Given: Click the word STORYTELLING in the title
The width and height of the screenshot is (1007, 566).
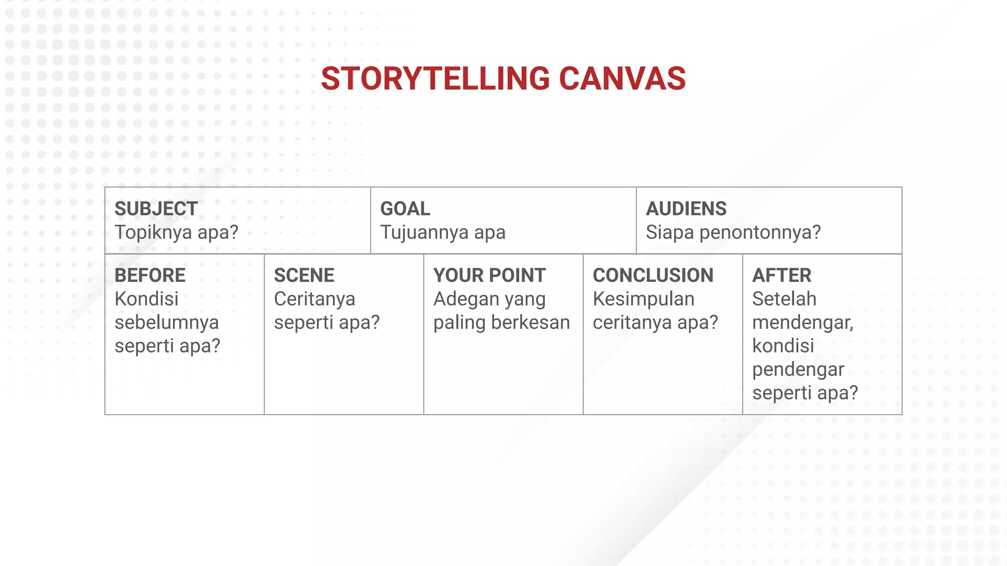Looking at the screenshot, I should [x=435, y=79].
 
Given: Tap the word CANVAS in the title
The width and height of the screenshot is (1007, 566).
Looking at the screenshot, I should [x=622, y=79].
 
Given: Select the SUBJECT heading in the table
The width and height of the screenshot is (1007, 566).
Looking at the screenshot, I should [x=156, y=209].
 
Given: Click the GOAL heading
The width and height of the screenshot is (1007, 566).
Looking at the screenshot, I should [x=405, y=209].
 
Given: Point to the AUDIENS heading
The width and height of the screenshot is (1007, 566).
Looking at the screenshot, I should [x=686, y=209].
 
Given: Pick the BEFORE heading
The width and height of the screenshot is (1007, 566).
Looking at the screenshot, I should [x=150, y=276].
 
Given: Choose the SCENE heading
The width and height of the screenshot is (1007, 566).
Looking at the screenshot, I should [x=304, y=276].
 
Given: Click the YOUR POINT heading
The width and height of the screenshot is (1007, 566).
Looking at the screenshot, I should [x=489, y=276].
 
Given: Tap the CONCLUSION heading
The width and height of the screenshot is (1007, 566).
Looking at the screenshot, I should [x=653, y=276].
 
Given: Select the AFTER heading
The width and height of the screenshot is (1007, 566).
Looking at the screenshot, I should [x=782, y=276].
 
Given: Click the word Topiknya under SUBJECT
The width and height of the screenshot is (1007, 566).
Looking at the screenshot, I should [x=152, y=232].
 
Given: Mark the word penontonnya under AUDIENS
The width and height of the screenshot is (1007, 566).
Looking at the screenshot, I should [x=760, y=232].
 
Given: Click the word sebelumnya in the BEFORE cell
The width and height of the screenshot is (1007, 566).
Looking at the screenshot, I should [x=167, y=323].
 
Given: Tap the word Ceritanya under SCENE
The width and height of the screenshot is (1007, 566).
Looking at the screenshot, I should [x=315, y=299].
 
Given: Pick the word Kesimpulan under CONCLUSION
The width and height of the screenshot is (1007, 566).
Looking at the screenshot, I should [x=644, y=299].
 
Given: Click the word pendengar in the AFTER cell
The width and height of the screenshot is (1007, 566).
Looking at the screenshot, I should [x=798, y=369].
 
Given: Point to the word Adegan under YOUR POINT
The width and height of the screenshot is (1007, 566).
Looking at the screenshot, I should [x=461, y=299].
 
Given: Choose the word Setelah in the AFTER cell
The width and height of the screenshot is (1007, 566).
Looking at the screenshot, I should [x=784, y=299].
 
